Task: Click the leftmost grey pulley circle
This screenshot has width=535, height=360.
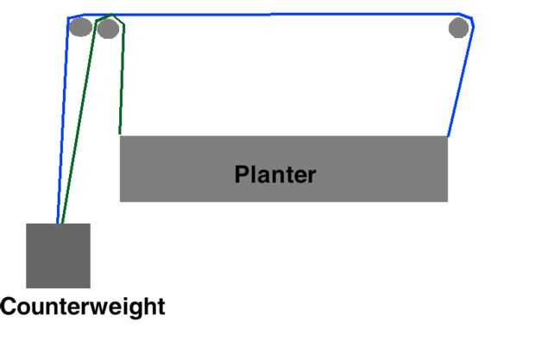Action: coord(80,27)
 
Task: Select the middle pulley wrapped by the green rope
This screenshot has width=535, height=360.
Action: coord(108,29)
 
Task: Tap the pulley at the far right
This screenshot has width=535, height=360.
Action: coord(459,28)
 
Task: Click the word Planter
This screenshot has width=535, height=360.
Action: coord(275,174)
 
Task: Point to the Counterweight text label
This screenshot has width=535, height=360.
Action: coord(83,306)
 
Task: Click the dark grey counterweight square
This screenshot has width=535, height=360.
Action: coord(58,256)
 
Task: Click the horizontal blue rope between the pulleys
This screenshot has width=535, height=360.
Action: coord(285,16)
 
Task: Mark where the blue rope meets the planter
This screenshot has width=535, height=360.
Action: coord(448,136)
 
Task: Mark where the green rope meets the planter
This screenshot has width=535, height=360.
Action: coord(120,135)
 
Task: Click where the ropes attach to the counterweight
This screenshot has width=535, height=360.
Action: coord(59,224)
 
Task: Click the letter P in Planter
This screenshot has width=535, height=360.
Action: coord(242,174)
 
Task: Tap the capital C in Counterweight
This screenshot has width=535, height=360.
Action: coord(9,306)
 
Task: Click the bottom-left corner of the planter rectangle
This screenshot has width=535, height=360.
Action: coord(120,201)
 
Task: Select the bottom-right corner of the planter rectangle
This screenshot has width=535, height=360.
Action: coord(447,201)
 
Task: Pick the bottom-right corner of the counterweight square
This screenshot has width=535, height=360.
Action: coord(90,287)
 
